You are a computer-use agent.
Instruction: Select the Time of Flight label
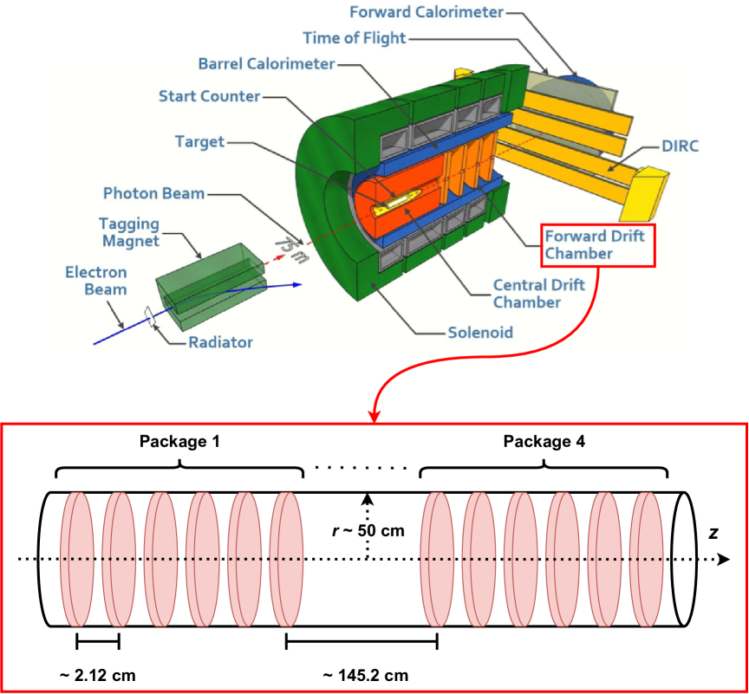(354, 38)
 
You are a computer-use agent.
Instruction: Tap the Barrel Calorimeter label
(266, 64)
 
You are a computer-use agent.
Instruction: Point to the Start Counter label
(209, 96)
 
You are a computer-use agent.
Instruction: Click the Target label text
(199, 141)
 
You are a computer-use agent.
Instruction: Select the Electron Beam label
(96, 281)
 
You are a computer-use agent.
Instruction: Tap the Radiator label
(221, 342)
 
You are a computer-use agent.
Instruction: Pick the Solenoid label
(480, 332)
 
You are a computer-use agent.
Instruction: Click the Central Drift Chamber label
(538, 293)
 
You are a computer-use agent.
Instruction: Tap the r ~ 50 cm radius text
(368, 530)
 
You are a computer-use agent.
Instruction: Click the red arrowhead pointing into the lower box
(374, 418)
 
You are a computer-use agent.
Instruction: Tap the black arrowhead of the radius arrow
(368, 499)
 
